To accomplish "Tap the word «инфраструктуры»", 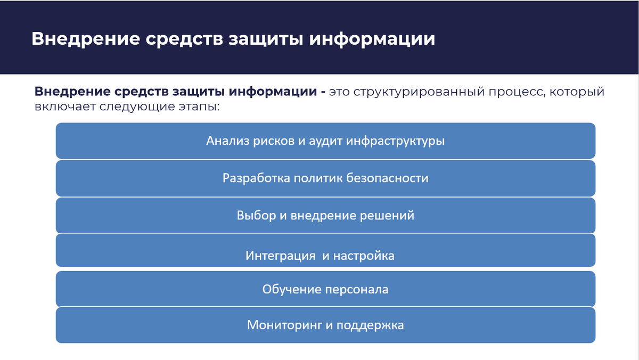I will pos(395,142).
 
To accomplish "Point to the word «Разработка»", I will pos(256,178).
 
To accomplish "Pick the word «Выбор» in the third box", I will pos(256,216).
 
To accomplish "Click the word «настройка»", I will pos(364,256).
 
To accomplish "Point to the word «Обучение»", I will pos(290,290).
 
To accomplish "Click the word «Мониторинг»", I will pos(282,325).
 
